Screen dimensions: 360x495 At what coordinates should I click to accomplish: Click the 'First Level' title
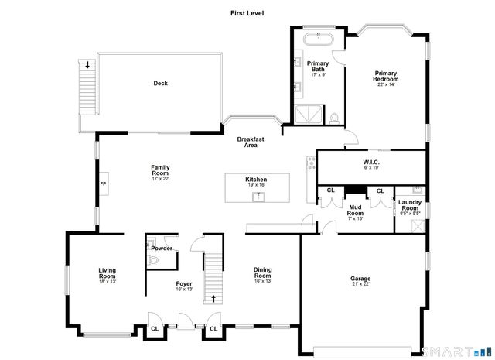pyautogui.click(x=247, y=13)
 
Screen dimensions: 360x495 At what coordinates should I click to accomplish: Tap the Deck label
pyautogui.click(x=160, y=84)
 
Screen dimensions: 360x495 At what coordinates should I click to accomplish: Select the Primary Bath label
pyautogui.click(x=318, y=66)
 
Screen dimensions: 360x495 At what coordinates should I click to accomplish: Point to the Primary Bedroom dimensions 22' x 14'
pyautogui.click(x=386, y=84)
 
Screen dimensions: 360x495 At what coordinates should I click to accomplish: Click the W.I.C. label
pyautogui.click(x=371, y=163)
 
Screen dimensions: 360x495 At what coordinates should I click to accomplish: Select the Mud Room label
pyautogui.click(x=356, y=208)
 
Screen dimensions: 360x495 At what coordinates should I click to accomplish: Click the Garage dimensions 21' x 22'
pyautogui.click(x=360, y=284)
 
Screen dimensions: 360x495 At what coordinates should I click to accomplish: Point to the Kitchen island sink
pyautogui.click(x=259, y=197)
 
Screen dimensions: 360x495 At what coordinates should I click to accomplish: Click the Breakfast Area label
pyautogui.click(x=251, y=142)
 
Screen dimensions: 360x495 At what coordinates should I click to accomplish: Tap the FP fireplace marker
pyautogui.click(x=103, y=184)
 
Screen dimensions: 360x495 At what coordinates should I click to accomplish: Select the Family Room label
pyautogui.click(x=160, y=170)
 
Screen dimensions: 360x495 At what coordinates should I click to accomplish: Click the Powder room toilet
pyautogui.click(x=152, y=260)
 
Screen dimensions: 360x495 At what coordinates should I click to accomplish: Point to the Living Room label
pyautogui.click(x=107, y=273)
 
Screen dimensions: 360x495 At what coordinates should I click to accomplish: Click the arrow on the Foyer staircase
pyautogui.click(x=213, y=298)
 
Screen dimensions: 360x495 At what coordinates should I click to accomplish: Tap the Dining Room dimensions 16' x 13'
pyautogui.click(x=263, y=281)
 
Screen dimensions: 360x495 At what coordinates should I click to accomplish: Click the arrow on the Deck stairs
pyautogui.click(x=87, y=65)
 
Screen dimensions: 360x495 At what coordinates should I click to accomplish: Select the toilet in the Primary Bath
pyautogui.click(x=334, y=118)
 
